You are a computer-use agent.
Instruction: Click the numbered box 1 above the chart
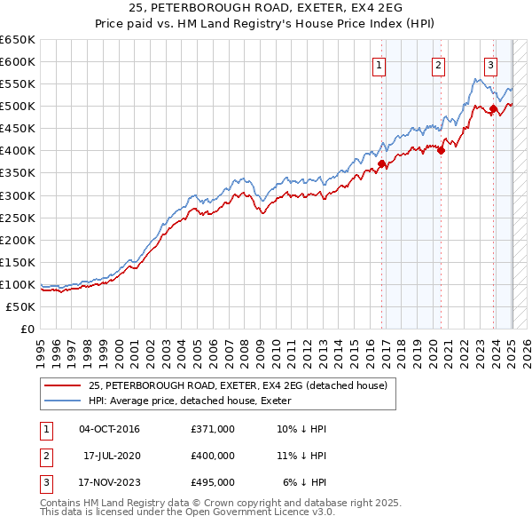[379, 64]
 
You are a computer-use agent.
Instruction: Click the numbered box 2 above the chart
[438, 64]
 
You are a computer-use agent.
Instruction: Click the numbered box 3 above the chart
[490, 64]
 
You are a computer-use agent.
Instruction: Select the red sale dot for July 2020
[441, 150]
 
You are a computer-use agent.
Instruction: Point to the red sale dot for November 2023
[493, 109]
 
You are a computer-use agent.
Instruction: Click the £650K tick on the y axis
[18, 40]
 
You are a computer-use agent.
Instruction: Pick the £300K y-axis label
[18, 195]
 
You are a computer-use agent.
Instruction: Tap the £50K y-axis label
[21, 306]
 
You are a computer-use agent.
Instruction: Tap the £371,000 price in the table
[213, 429]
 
